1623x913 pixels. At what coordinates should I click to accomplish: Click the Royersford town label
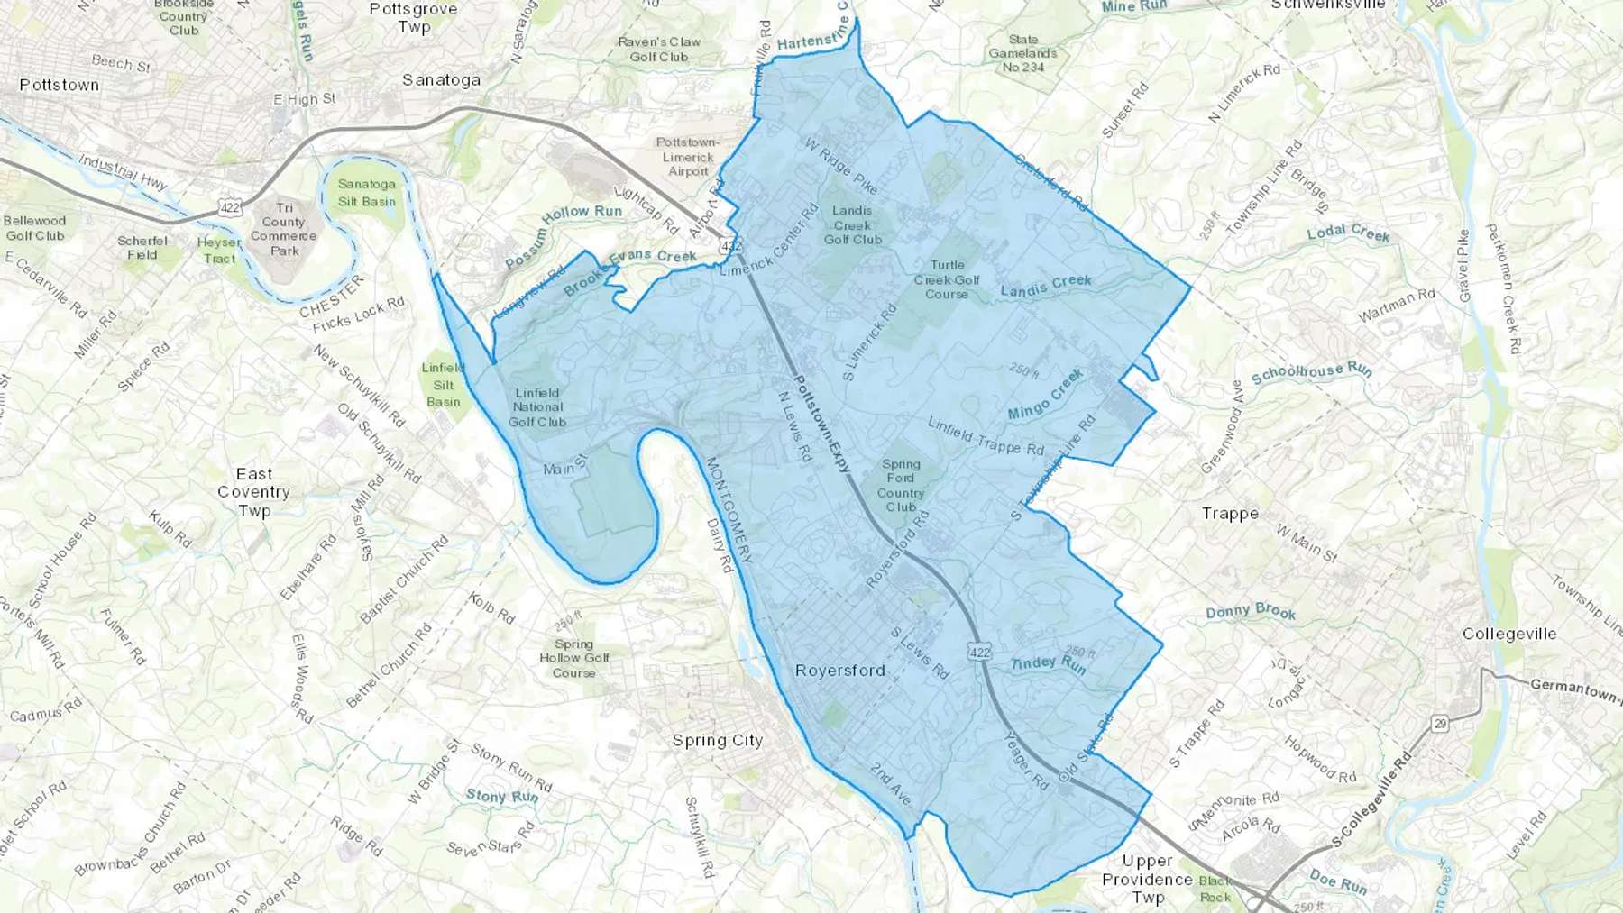(x=839, y=671)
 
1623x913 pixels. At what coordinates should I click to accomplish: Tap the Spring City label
(x=718, y=740)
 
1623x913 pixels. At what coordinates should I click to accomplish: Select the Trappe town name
(x=1230, y=514)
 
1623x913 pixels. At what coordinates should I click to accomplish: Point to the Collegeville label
(x=1509, y=634)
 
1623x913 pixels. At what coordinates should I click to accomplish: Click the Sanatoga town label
(x=441, y=80)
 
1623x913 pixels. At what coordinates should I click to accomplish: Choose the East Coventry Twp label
(x=253, y=492)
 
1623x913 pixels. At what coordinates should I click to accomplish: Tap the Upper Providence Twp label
(x=1147, y=879)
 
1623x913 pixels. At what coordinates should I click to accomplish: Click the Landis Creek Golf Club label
(x=852, y=225)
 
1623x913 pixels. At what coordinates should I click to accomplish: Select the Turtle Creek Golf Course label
(x=947, y=279)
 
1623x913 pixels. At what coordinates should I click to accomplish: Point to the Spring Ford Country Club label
(x=900, y=486)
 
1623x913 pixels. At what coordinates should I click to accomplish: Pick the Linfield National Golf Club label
(x=537, y=407)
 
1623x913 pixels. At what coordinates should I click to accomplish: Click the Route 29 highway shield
(x=1440, y=723)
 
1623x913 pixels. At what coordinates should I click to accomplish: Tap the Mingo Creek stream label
(x=1045, y=397)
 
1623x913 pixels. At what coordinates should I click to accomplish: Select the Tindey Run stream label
(x=1048, y=664)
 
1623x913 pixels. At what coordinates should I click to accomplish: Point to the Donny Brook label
(x=1251, y=612)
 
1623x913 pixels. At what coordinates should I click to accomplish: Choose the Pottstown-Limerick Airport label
(x=688, y=157)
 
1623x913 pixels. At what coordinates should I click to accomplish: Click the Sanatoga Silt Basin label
(x=367, y=193)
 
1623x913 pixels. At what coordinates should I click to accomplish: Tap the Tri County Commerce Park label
(x=284, y=229)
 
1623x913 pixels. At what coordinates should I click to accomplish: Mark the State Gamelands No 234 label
(x=1023, y=53)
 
